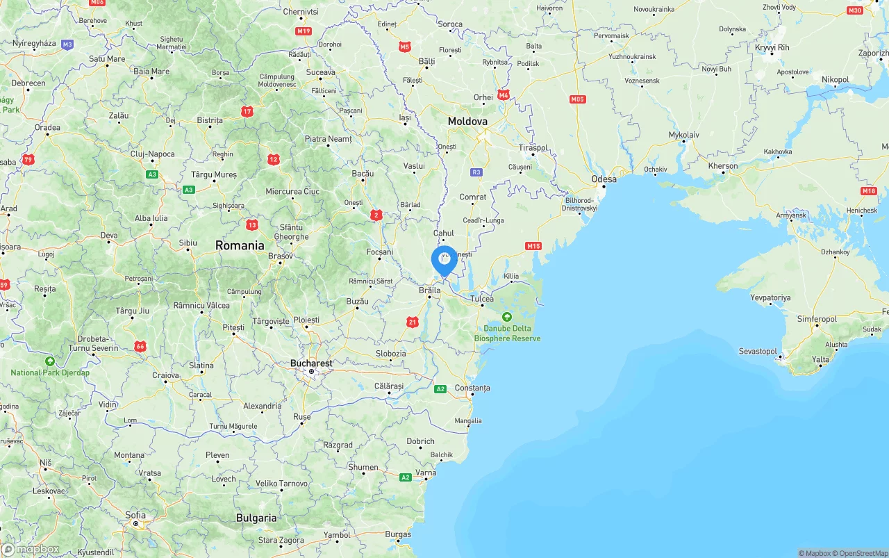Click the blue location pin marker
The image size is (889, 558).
tap(444, 261)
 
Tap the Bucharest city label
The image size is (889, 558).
tap(311, 363)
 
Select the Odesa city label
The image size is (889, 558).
tap(604, 179)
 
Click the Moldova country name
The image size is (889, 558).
tap(467, 121)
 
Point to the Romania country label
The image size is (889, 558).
tap(240, 245)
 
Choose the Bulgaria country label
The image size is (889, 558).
tap(256, 518)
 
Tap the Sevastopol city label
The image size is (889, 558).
tap(758, 351)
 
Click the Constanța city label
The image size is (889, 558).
tap(472, 388)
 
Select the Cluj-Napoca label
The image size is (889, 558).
tap(153, 154)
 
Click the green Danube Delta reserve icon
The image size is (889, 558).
tap(507, 317)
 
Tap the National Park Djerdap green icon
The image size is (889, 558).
tap(50, 361)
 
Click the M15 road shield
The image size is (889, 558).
tap(533, 246)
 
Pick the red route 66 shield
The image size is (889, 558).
tap(140, 346)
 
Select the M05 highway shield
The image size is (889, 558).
tap(577, 99)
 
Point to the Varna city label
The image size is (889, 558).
tap(426, 473)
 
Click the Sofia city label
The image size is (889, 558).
tap(135, 515)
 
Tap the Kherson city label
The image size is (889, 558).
tap(723, 166)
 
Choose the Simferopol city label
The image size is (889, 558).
tap(815, 319)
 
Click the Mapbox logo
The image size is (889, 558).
tap(31, 549)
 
